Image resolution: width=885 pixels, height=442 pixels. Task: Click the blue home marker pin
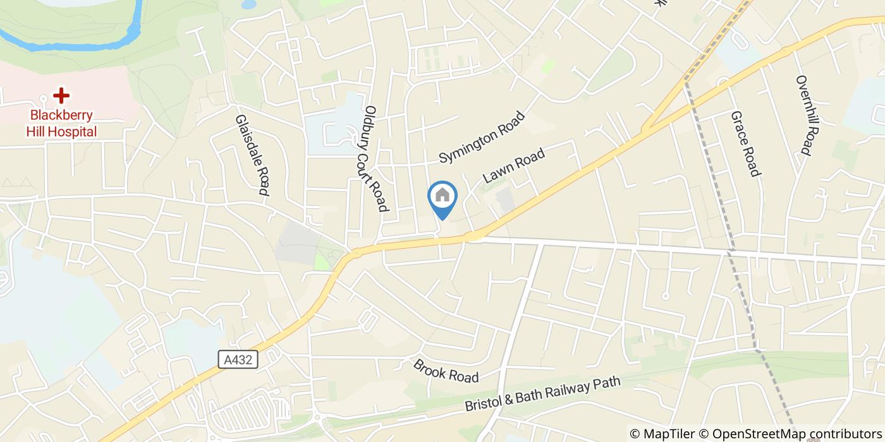442,198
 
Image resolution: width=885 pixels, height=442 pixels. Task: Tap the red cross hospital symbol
61,96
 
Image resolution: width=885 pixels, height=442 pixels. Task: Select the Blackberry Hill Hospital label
61,124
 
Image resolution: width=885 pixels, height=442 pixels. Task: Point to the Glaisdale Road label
253,155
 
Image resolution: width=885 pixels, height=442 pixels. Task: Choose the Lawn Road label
513,162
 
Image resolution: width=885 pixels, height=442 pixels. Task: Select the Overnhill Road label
803,116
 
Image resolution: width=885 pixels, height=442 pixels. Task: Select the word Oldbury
371,123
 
